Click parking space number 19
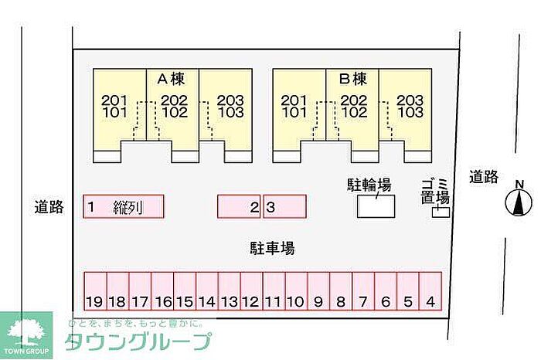click(x=94, y=292)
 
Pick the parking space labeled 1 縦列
click(x=124, y=206)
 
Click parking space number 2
click(x=240, y=206)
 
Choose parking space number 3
click(x=284, y=206)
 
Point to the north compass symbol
click(x=519, y=202)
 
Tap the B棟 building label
click(x=352, y=79)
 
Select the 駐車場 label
click(x=271, y=248)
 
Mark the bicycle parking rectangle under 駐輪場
click(x=376, y=206)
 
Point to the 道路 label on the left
click(x=49, y=206)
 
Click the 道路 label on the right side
click(x=484, y=177)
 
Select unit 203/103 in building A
click(x=230, y=106)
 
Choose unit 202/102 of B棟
click(x=353, y=106)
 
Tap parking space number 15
click(x=184, y=292)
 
